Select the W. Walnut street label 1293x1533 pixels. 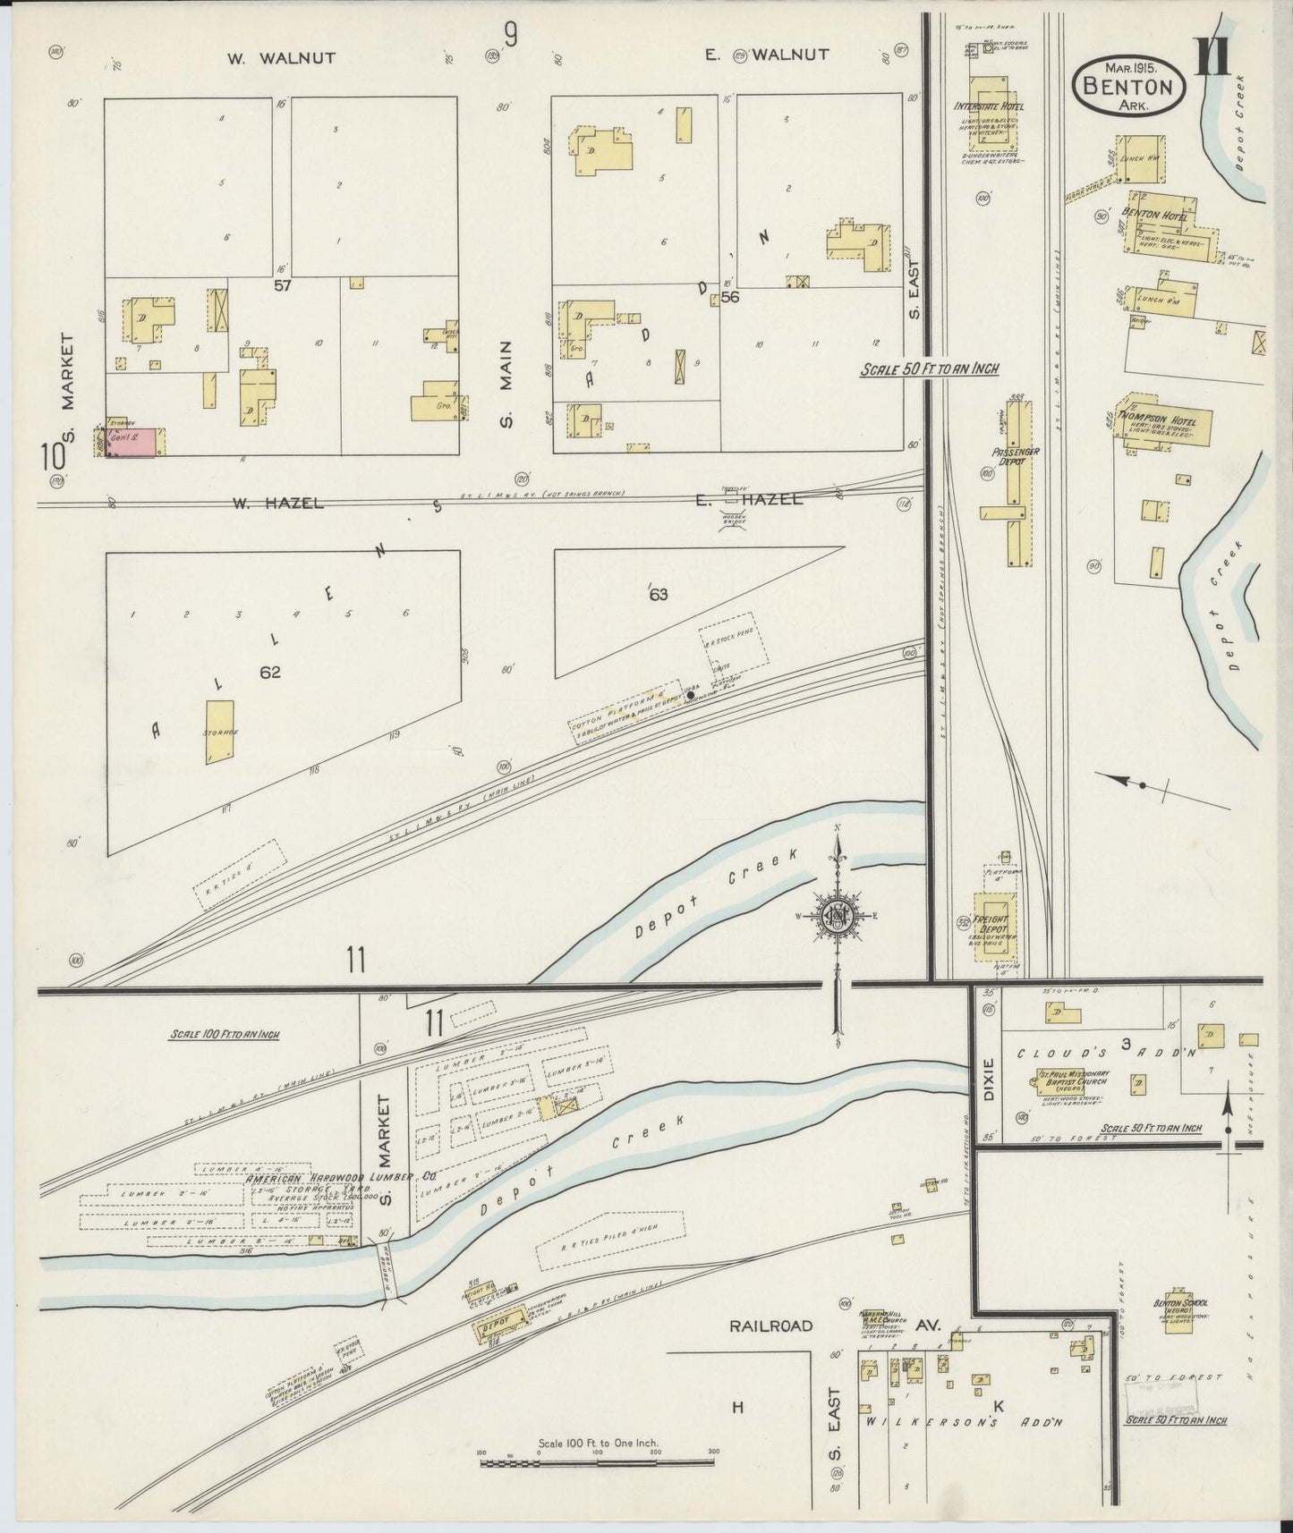(280, 58)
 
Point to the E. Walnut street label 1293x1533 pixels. (767, 55)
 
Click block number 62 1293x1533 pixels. (269, 673)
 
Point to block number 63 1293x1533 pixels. (659, 595)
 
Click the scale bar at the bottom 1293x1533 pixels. (597, 1463)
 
